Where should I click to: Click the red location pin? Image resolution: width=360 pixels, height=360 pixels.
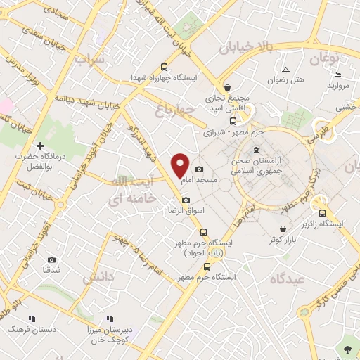(x=181, y=165)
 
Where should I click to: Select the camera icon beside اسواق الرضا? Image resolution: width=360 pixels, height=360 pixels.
(x=186, y=200)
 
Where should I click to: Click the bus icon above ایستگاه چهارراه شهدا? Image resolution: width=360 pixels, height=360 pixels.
(x=165, y=65)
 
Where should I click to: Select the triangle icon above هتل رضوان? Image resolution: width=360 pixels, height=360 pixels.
(x=285, y=69)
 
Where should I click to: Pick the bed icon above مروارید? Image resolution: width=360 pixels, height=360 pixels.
(x=338, y=75)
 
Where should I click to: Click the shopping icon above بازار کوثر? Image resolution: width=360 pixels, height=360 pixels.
(x=283, y=229)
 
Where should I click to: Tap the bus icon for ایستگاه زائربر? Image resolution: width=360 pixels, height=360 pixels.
(x=322, y=213)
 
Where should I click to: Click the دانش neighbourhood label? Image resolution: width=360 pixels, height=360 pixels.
(x=98, y=278)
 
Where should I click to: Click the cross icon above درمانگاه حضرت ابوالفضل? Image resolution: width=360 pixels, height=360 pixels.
(x=41, y=145)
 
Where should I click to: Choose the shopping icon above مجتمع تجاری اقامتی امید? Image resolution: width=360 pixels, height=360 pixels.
(x=226, y=87)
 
